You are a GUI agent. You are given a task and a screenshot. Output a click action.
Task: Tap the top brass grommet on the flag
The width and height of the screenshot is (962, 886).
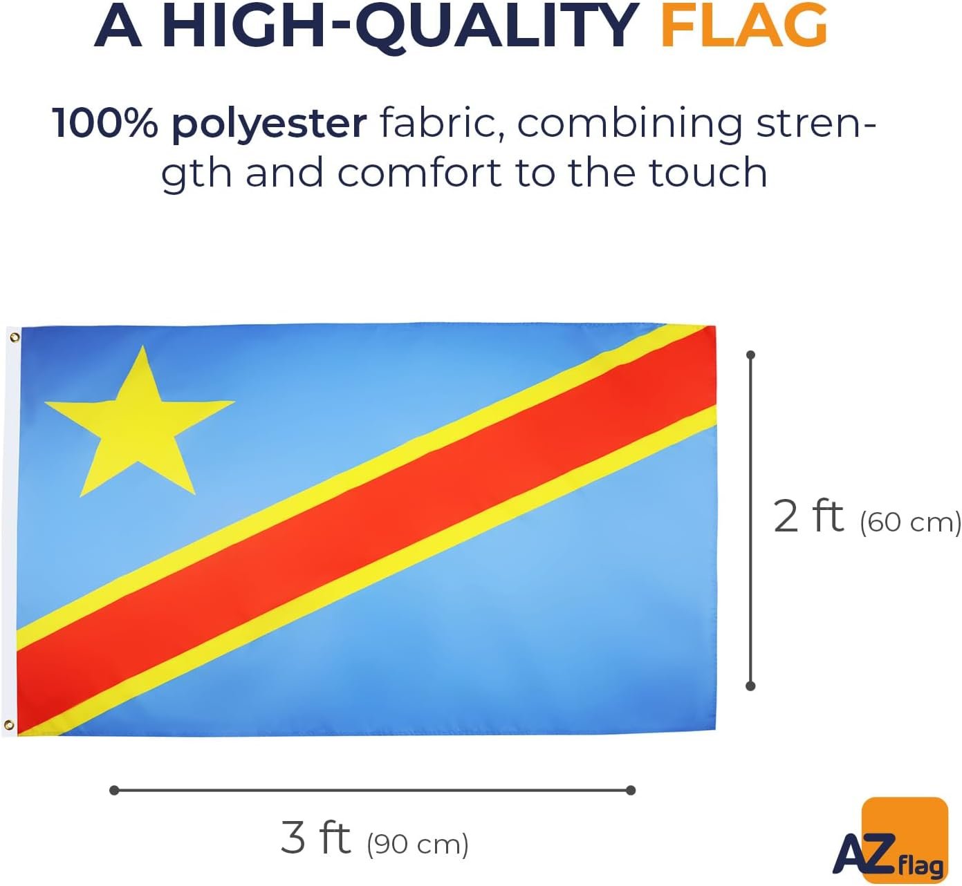(15, 337)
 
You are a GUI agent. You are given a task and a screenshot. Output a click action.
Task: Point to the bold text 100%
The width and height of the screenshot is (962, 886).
(105, 124)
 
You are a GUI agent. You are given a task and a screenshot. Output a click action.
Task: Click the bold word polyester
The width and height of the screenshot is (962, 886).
(270, 126)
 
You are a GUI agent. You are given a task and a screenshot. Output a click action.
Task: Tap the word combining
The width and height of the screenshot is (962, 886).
(629, 126)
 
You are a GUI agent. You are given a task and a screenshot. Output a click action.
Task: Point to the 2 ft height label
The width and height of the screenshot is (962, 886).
(808, 517)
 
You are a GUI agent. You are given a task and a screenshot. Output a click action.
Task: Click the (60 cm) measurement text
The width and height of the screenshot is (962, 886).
(911, 522)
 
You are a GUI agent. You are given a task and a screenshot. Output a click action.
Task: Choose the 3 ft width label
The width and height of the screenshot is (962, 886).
(315, 838)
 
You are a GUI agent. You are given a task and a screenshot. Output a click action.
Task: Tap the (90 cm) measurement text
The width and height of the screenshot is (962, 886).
(417, 844)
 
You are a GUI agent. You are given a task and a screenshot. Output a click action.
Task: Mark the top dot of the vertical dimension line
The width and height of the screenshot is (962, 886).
(751, 355)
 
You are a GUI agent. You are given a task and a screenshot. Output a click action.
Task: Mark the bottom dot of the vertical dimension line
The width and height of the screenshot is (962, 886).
(751, 686)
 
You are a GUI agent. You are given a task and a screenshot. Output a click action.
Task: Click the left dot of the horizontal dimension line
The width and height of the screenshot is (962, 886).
(114, 790)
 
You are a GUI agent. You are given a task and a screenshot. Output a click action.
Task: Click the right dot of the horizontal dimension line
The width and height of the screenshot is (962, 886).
(631, 790)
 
